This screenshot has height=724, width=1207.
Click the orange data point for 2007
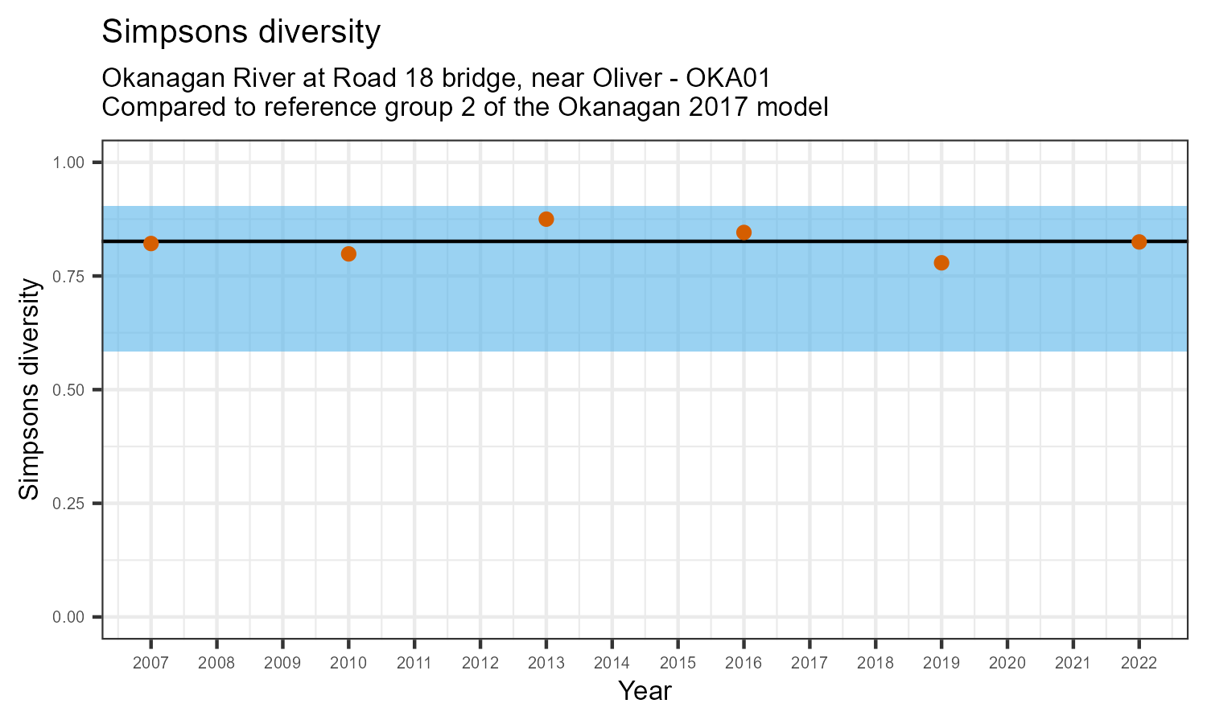(150, 244)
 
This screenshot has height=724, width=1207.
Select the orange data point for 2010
(348, 254)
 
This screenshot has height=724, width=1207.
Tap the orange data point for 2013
(546, 219)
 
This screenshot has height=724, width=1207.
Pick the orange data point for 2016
(744, 232)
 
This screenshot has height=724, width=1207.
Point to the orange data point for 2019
(941, 263)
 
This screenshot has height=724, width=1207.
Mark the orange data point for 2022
(1139, 242)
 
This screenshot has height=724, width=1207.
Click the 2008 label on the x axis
(216, 664)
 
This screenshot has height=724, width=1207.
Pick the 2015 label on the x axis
(678, 664)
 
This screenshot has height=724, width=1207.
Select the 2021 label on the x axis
(1073, 664)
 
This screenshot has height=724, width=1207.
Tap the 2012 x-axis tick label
(480, 664)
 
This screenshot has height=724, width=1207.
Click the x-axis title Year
(645, 691)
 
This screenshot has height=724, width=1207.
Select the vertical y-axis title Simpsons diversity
(30, 389)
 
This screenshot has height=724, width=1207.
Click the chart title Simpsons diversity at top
(241, 32)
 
